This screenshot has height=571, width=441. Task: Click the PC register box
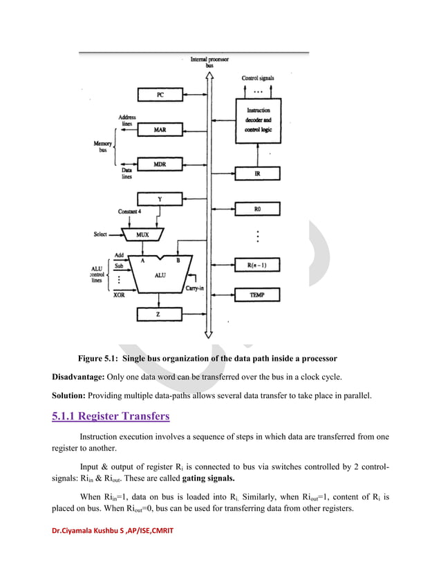[x=160, y=95]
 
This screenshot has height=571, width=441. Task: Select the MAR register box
[x=160, y=129]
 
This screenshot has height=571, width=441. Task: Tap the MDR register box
[x=160, y=165]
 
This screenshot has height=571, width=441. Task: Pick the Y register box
[x=160, y=200]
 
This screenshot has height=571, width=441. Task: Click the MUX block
[x=142, y=234]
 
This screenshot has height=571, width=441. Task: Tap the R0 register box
[x=257, y=209]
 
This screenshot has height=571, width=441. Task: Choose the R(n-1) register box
[x=257, y=265]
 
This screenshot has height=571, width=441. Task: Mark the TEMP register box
[x=257, y=295]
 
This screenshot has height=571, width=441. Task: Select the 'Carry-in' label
[x=194, y=289]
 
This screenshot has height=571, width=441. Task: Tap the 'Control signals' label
[x=258, y=78]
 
